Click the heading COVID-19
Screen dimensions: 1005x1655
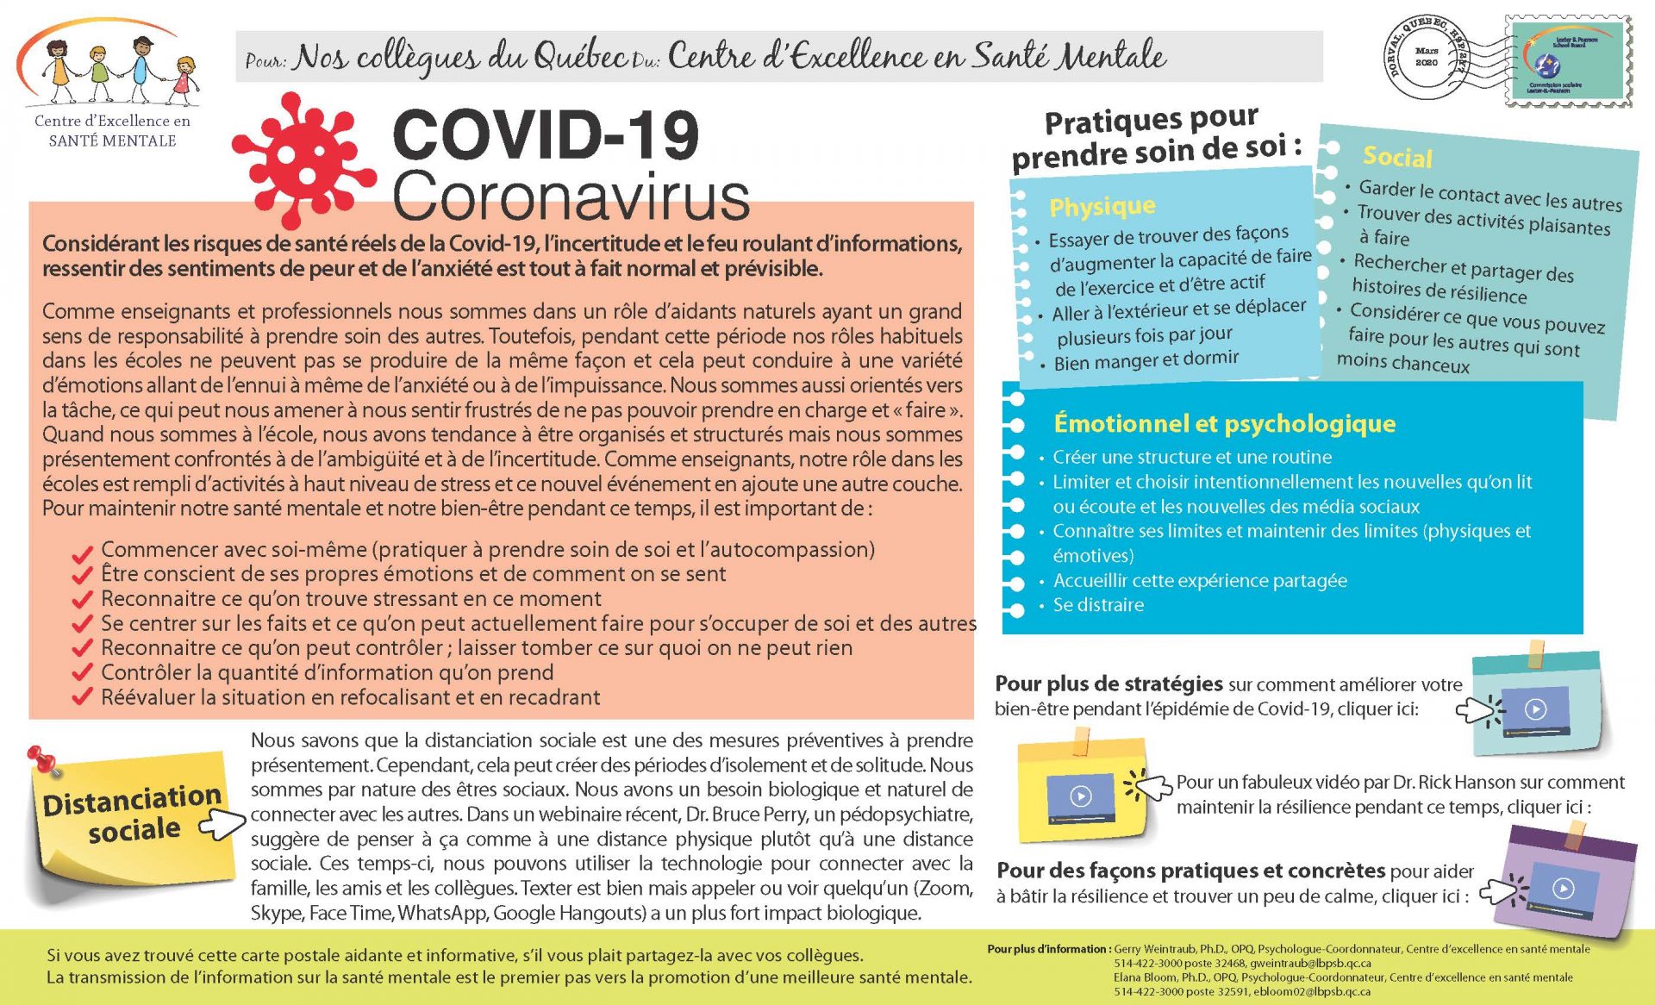pyautogui.click(x=545, y=134)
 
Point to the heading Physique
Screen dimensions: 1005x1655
pyautogui.click(x=1102, y=207)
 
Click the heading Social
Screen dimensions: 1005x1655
pyautogui.click(x=1397, y=157)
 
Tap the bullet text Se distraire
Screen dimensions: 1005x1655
pyautogui.click(x=1098, y=605)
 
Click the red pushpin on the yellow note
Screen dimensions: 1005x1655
pyautogui.click(x=41, y=760)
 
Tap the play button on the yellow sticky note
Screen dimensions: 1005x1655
pyautogui.click(x=1081, y=796)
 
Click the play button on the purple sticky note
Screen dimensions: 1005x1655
pyautogui.click(x=1563, y=888)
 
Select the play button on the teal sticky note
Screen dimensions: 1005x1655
pyautogui.click(x=1535, y=709)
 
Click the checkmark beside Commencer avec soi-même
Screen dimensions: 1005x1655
pyautogui.click(x=83, y=552)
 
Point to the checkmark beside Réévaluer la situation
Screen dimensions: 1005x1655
pyautogui.click(x=83, y=697)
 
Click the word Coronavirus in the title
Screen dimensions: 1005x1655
pyautogui.click(x=571, y=197)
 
